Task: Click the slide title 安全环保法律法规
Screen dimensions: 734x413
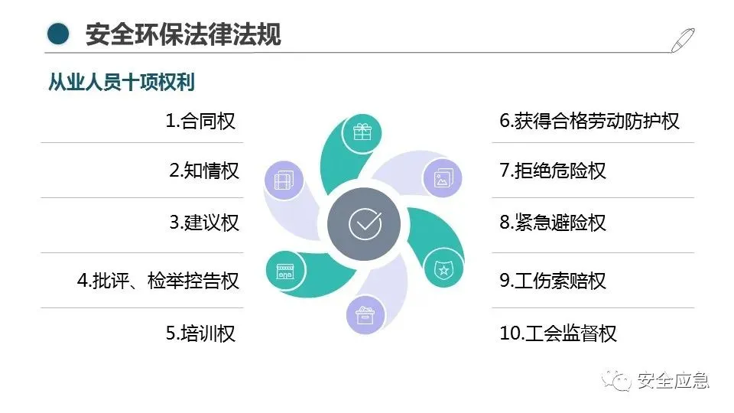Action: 183,34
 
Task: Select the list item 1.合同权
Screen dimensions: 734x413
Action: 200,120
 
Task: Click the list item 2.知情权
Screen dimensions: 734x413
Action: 203,170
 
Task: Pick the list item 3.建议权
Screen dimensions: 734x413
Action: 203,223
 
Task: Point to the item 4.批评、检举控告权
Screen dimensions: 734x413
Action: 158,281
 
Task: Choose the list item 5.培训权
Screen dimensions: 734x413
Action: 200,333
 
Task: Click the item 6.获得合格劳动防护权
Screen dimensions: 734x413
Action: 589,121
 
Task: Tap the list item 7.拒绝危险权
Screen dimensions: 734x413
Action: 553,170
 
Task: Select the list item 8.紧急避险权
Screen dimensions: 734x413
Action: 553,223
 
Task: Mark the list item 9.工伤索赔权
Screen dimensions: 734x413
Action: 553,281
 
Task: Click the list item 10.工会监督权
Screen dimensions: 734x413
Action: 558,333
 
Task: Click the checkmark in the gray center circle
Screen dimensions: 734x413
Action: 364,223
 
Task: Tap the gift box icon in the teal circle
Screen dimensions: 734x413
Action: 362,132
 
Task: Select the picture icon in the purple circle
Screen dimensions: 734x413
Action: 443,179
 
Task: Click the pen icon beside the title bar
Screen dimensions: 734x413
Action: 683,39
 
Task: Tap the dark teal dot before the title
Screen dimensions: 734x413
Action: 58,34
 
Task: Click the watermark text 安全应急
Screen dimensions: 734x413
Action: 674,380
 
